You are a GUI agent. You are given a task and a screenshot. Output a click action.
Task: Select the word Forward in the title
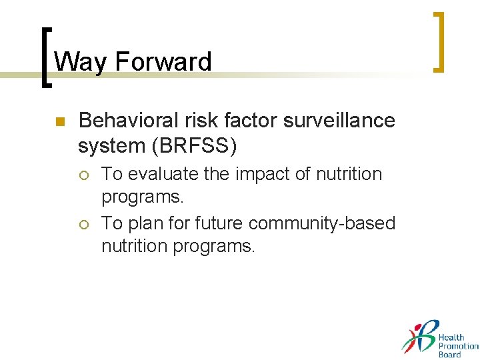coord(163,62)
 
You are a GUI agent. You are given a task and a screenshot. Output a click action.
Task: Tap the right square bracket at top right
coord(439,41)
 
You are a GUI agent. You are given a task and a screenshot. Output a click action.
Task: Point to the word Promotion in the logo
coord(458,346)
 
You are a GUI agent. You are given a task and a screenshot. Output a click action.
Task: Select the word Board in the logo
coord(449,355)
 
